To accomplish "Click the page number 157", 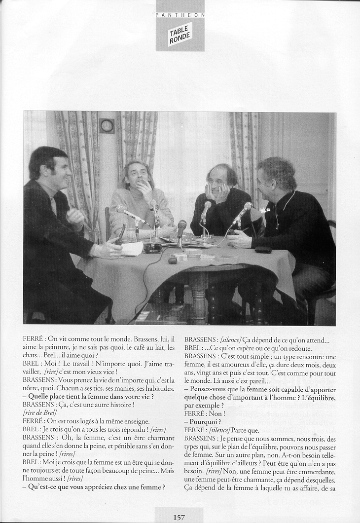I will pos(179,517).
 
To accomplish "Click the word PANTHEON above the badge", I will pos(180,15).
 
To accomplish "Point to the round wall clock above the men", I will pos(107,126).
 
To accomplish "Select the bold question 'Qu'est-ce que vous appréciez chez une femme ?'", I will pos(94,487).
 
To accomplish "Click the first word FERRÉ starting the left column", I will pos(33,339).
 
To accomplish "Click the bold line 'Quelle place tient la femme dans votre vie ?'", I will pos(91,396).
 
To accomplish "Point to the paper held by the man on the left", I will pos(131,249).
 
